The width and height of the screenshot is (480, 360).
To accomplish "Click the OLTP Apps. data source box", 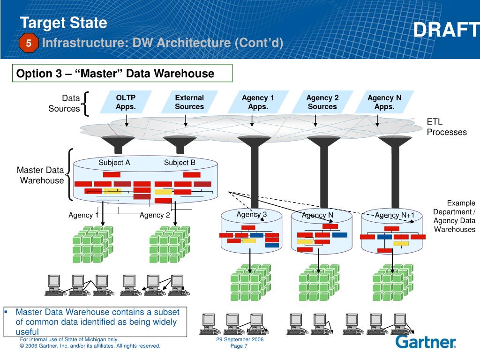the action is pos(126,102).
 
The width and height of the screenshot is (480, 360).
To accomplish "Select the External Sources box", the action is pos(189,102).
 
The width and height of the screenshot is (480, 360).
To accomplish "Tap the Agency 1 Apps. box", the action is pos(258,102).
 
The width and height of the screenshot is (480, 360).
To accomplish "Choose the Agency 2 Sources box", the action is pos(322,102).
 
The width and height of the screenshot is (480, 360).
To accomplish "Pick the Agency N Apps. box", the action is pos(384,102).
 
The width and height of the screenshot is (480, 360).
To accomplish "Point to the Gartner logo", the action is pos(426,342).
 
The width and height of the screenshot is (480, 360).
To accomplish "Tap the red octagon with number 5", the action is pos(29,43).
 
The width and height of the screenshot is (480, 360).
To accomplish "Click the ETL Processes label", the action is pos(447,127).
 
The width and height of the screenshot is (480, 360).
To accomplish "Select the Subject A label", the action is pos(114,163).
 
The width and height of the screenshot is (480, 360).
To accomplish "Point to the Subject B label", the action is pos(180,163).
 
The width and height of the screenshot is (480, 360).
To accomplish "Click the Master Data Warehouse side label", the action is pos(40,175).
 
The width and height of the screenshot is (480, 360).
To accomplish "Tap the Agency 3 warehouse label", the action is pos(251,215).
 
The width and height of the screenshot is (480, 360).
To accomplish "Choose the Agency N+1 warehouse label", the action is pos(395,215).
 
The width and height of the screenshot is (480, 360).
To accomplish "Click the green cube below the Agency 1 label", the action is pos(93,244).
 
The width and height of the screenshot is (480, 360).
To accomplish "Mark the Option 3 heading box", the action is pos(122,73).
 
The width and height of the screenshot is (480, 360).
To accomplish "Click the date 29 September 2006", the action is pos(240,339).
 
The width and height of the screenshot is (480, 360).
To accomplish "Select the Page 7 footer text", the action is pos(239,346).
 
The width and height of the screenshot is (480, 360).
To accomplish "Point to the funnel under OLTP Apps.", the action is pos(118,144).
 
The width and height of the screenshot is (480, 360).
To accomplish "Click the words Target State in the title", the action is pos(64,23).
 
